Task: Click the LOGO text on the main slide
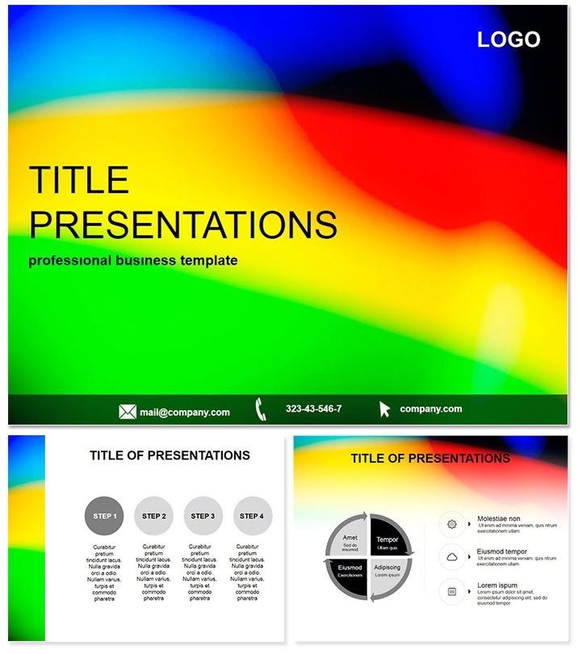pyautogui.click(x=508, y=39)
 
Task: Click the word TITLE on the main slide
pyautogui.click(x=79, y=179)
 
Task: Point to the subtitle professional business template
pyautogui.click(x=132, y=261)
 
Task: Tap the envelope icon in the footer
pyautogui.click(x=128, y=412)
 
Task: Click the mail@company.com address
pyautogui.click(x=184, y=412)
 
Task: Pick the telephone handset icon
pyautogui.click(x=262, y=409)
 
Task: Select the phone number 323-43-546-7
pyautogui.click(x=313, y=409)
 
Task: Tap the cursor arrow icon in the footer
pyautogui.click(x=385, y=409)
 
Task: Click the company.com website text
pyautogui.click(x=431, y=409)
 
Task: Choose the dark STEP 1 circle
pyautogui.click(x=105, y=516)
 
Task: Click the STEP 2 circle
pyautogui.click(x=153, y=516)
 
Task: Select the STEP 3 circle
pyautogui.click(x=203, y=516)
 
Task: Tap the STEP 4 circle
pyautogui.click(x=253, y=516)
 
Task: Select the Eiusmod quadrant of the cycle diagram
pyautogui.click(x=350, y=571)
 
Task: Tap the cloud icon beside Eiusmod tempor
pyautogui.click(x=452, y=557)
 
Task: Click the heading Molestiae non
pyautogui.click(x=498, y=518)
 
